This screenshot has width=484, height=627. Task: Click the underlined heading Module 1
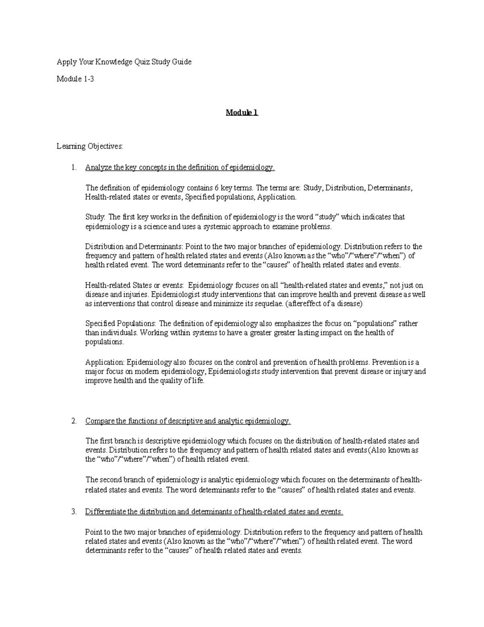point(242,113)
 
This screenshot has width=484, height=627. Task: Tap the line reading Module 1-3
point(75,79)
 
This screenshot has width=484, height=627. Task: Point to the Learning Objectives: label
point(90,147)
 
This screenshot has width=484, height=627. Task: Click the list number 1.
point(73,168)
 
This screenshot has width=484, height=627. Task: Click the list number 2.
point(73,421)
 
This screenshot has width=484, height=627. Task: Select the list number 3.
point(73,512)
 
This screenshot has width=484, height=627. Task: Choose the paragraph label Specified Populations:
point(121,323)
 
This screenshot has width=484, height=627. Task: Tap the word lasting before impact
point(308,333)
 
